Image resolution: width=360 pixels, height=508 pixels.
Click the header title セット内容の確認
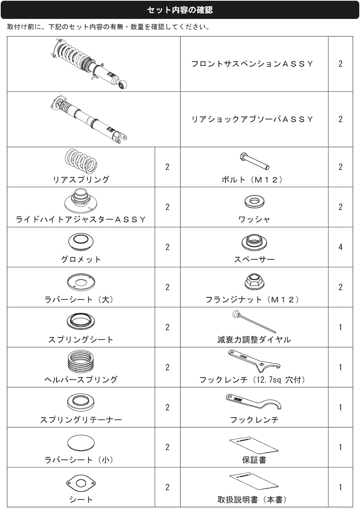coord(180,10)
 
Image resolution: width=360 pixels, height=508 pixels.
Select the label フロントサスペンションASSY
coord(252,64)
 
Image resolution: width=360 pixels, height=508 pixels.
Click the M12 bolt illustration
coord(254,161)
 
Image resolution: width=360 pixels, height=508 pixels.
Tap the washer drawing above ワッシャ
coord(254,202)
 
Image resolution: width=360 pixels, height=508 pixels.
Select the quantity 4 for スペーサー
coord(340,247)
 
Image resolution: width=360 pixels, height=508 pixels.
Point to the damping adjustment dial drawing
coord(254,321)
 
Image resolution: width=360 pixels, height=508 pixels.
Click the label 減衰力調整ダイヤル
coord(254,340)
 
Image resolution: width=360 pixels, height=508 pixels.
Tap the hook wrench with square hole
coord(254,361)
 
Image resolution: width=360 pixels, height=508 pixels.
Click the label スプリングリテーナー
coord(81,420)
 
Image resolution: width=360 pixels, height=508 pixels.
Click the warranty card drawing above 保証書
coord(254,445)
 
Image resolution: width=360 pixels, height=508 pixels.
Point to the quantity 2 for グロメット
coord(167,247)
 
